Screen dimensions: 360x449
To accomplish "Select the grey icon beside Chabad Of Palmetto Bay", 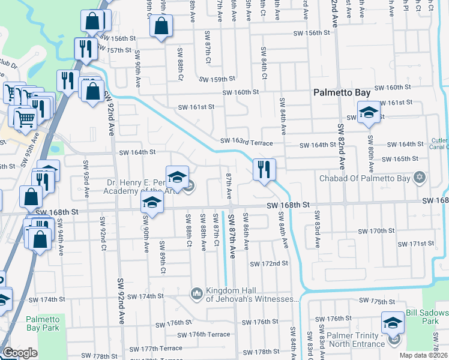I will click(x=419, y=178).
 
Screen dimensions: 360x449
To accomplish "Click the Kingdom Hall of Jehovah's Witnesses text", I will click(x=252, y=295).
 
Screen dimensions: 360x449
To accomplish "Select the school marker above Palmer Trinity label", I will click(x=393, y=322).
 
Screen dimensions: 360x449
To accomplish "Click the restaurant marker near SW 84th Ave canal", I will click(x=264, y=170).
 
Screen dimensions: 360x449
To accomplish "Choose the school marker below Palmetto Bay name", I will click(x=368, y=112).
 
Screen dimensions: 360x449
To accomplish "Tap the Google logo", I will click(x=20, y=353).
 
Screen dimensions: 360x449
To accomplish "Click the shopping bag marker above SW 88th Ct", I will click(x=161, y=26).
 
